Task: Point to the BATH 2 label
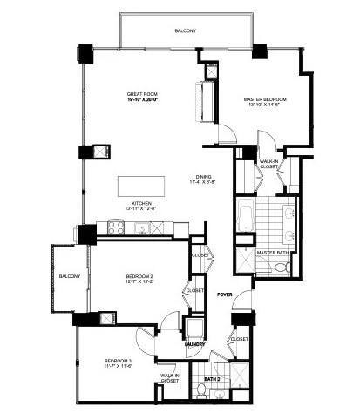(x=212, y=380)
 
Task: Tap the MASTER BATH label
(x=272, y=253)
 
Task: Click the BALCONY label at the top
(x=185, y=30)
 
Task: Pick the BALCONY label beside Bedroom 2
(x=70, y=276)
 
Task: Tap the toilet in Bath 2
(x=200, y=396)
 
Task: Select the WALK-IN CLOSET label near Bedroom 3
(x=170, y=379)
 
